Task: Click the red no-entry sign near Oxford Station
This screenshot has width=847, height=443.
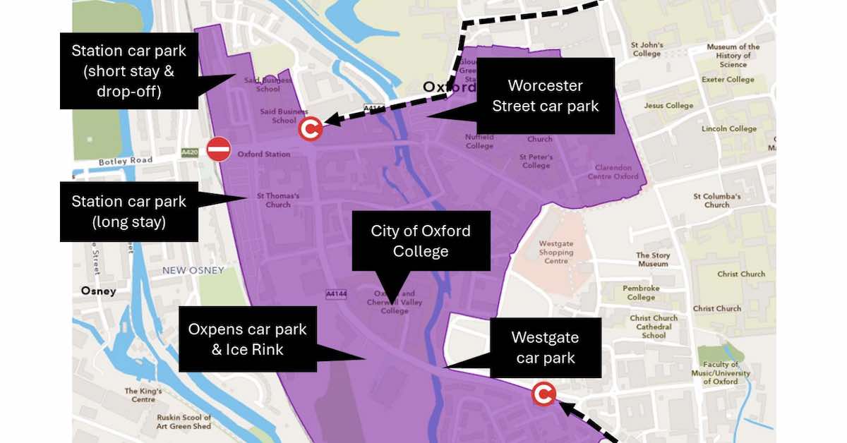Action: click(219, 149)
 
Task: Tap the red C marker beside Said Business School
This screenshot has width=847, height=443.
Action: click(311, 128)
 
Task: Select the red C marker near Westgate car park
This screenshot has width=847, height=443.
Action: click(543, 394)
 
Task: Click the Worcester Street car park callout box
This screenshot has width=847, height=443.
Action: click(545, 96)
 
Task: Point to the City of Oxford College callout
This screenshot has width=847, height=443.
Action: click(421, 241)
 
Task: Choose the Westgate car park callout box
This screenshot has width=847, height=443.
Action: click(546, 348)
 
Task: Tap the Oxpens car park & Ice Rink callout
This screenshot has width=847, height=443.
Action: click(247, 339)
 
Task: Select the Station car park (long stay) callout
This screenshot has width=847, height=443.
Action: click(128, 212)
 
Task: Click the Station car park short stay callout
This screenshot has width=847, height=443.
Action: click(128, 71)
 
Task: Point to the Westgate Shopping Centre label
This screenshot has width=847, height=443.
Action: click(556, 252)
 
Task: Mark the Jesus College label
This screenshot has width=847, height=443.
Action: click(668, 106)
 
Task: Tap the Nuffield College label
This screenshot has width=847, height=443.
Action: click(479, 141)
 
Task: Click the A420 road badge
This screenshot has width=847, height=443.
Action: click(190, 152)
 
